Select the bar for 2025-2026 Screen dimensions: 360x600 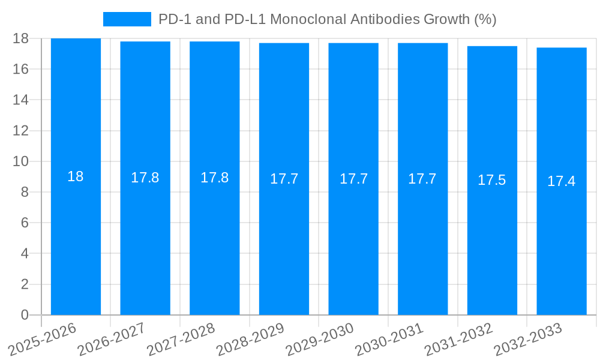[x=76, y=240]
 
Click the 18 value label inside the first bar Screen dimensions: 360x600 [x=76, y=176]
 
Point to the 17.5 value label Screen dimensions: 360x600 [x=492, y=180]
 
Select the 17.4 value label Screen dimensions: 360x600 [x=562, y=181]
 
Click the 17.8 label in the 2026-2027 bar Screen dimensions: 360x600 [x=145, y=178]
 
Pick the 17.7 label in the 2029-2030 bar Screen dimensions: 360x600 [x=353, y=179]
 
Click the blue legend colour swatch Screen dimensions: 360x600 [x=127, y=19]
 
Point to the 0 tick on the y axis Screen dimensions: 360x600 [x=25, y=315]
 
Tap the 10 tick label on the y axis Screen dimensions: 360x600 [x=21, y=161]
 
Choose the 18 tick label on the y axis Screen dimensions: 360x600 [x=21, y=38]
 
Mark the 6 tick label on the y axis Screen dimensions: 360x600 [x=25, y=223]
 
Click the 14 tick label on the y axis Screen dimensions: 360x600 [x=21, y=100]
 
